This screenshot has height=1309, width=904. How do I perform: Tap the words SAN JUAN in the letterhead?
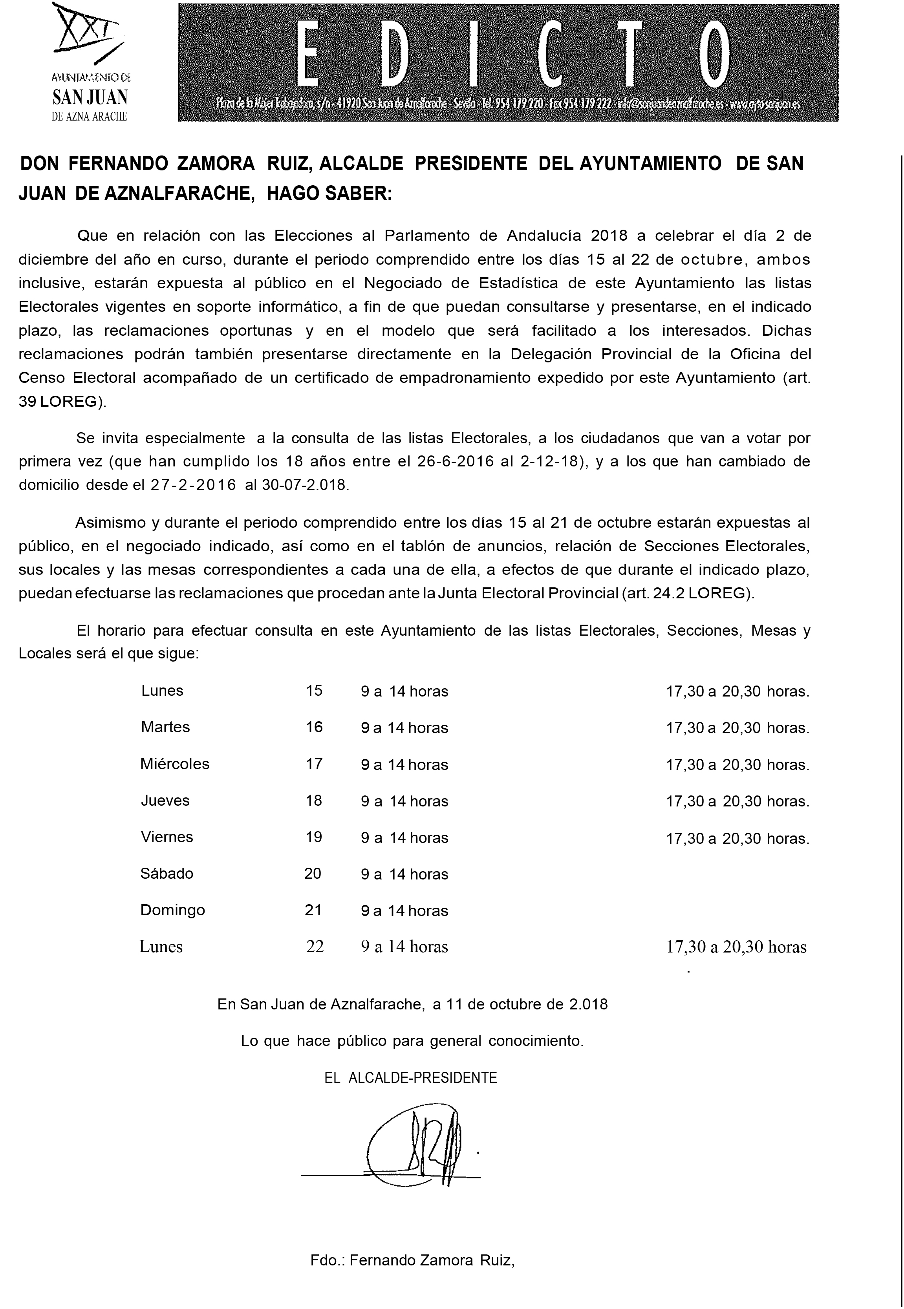90,97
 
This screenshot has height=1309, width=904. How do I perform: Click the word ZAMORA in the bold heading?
216,164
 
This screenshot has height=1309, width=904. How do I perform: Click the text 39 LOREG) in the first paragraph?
62,401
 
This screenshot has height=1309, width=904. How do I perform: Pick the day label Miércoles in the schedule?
175,764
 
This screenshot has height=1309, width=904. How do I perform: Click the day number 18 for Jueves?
314,800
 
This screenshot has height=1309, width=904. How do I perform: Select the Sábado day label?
167,873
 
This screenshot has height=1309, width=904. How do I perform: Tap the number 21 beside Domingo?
313,910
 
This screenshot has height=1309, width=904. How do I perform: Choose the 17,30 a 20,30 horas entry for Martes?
737,728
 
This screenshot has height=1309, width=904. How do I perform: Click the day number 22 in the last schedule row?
315,947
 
